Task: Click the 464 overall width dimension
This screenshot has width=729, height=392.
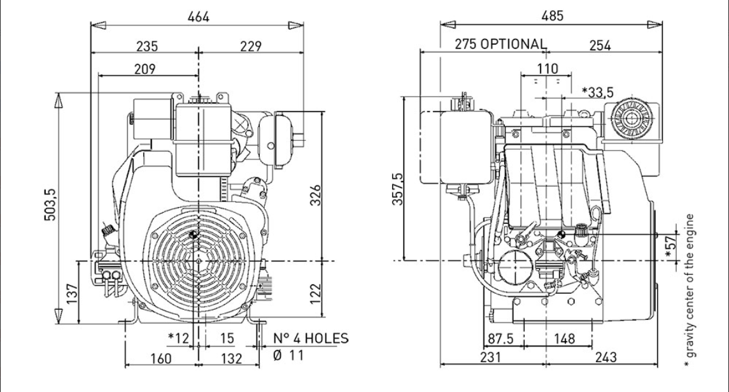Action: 198,17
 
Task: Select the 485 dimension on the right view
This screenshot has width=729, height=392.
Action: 552,17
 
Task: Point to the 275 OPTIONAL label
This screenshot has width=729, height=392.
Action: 500,45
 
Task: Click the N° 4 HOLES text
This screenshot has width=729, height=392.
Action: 311,338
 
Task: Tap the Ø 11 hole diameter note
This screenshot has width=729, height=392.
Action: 289,356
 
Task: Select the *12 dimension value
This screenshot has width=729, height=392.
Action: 179,338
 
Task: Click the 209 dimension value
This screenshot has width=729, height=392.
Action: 148,68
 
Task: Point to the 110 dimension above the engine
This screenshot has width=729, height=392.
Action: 547,68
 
